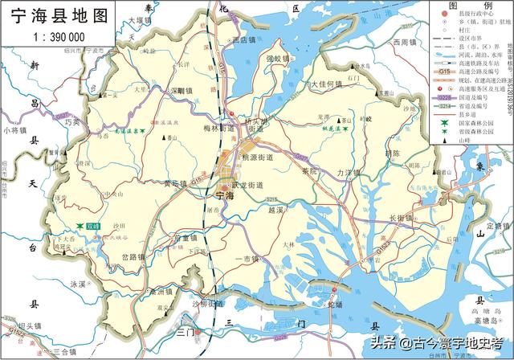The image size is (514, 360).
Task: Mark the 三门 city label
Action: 186,331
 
